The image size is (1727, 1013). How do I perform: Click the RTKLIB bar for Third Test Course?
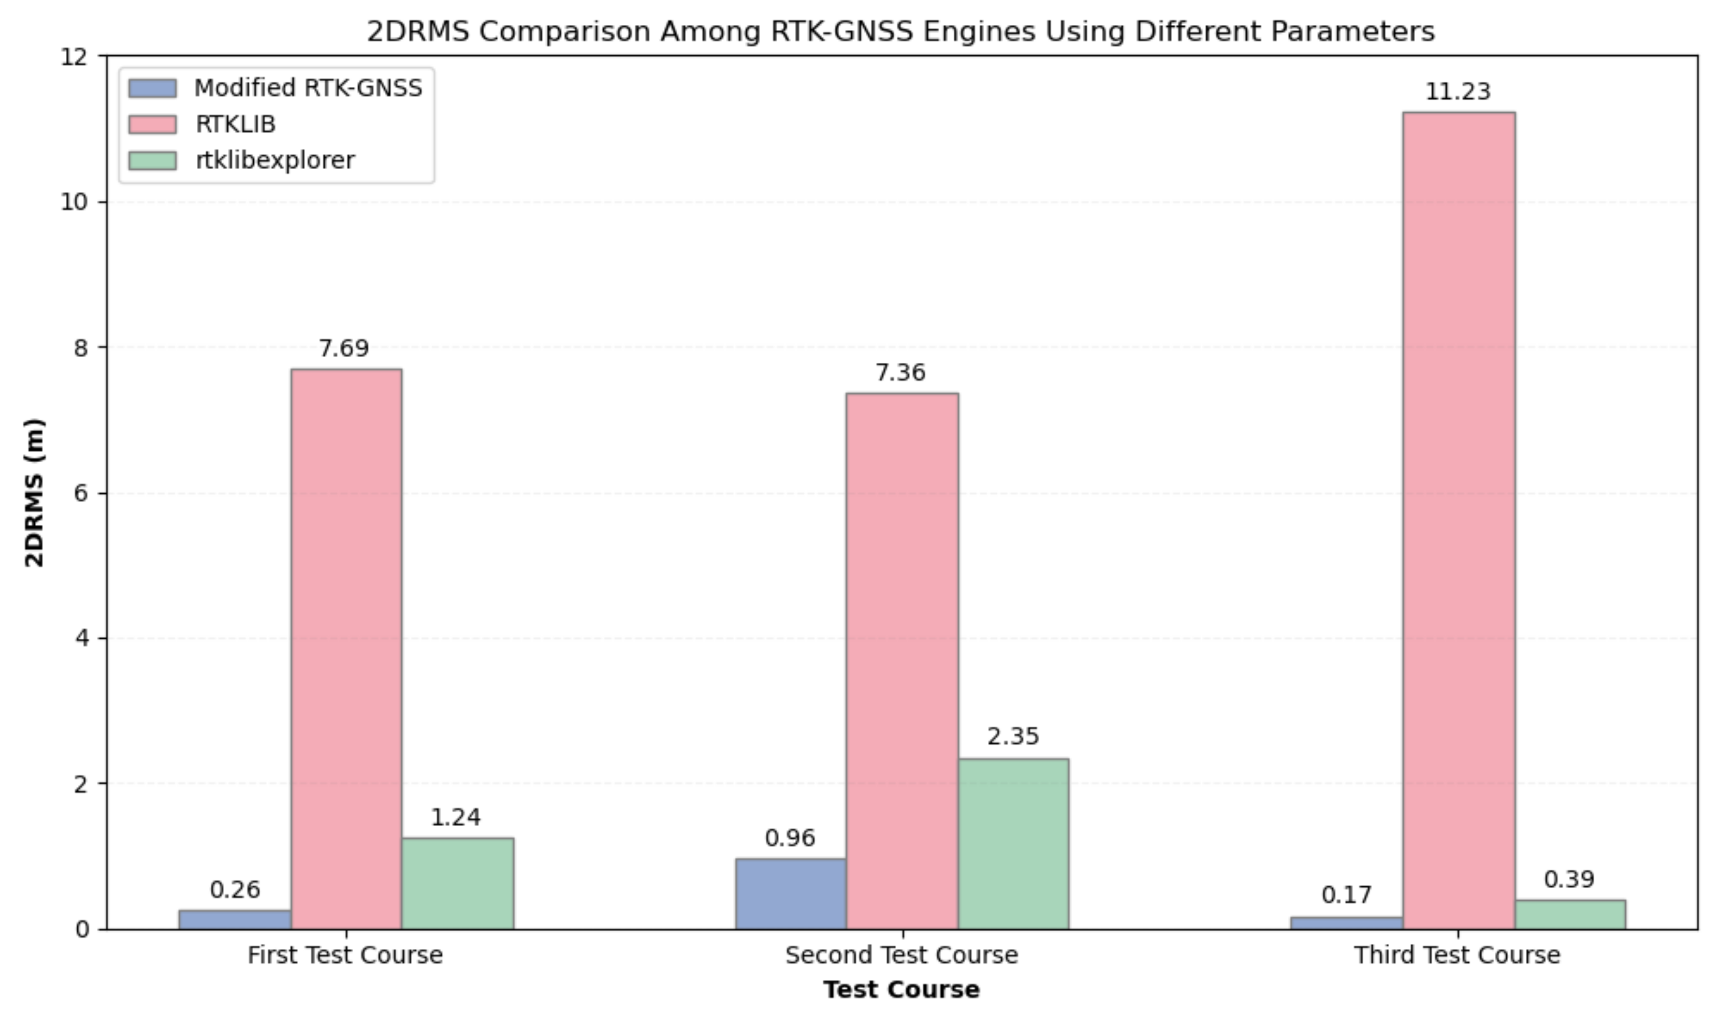[x=1458, y=521]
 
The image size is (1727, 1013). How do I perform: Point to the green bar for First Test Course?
[x=457, y=884]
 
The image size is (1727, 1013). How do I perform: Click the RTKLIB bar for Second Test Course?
[x=902, y=661]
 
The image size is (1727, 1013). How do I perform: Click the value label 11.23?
[x=1458, y=92]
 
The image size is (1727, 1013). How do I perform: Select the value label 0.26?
[x=234, y=890]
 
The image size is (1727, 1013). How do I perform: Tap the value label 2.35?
[x=1013, y=737]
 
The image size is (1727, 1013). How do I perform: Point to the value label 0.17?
[x=1346, y=895]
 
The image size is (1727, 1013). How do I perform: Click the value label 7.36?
[x=901, y=373]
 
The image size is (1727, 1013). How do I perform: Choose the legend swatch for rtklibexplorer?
[x=152, y=160]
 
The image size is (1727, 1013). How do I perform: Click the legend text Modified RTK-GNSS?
[x=308, y=88]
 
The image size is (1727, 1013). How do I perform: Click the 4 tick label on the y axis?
[x=82, y=638]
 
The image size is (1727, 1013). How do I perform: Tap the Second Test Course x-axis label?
[x=902, y=955]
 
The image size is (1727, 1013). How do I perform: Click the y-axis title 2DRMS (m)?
[x=34, y=492]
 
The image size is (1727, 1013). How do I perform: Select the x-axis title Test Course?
[x=902, y=990]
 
